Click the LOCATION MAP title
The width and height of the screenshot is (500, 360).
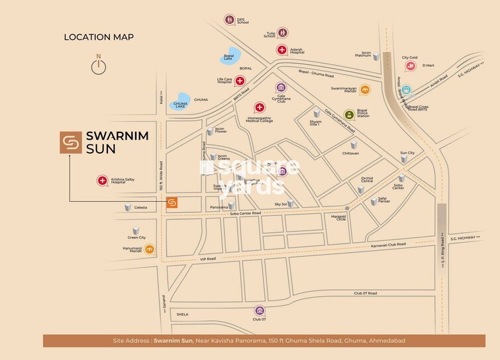(x=99, y=37)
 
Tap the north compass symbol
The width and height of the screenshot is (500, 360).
(x=99, y=66)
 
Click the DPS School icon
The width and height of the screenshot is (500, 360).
(x=229, y=20)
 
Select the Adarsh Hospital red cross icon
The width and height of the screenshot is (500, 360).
(x=282, y=50)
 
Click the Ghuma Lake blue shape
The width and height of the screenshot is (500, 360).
(x=180, y=103)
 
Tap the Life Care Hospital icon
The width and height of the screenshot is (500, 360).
(x=240, y=80)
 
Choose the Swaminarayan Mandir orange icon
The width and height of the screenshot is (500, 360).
(x=365, y=89)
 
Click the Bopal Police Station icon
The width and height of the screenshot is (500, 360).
(x=349, y=114)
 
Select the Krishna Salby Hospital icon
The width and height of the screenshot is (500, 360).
(x=103, y=180)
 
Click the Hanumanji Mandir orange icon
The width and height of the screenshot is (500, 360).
(x=151, y=249)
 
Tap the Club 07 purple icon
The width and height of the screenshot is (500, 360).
(x=260, y=310)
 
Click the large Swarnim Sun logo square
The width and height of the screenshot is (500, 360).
(x=68, y=144)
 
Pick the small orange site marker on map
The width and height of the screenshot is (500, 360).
(x=172, y=202)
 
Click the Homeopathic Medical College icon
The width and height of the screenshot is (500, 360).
(x=259, y=107)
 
